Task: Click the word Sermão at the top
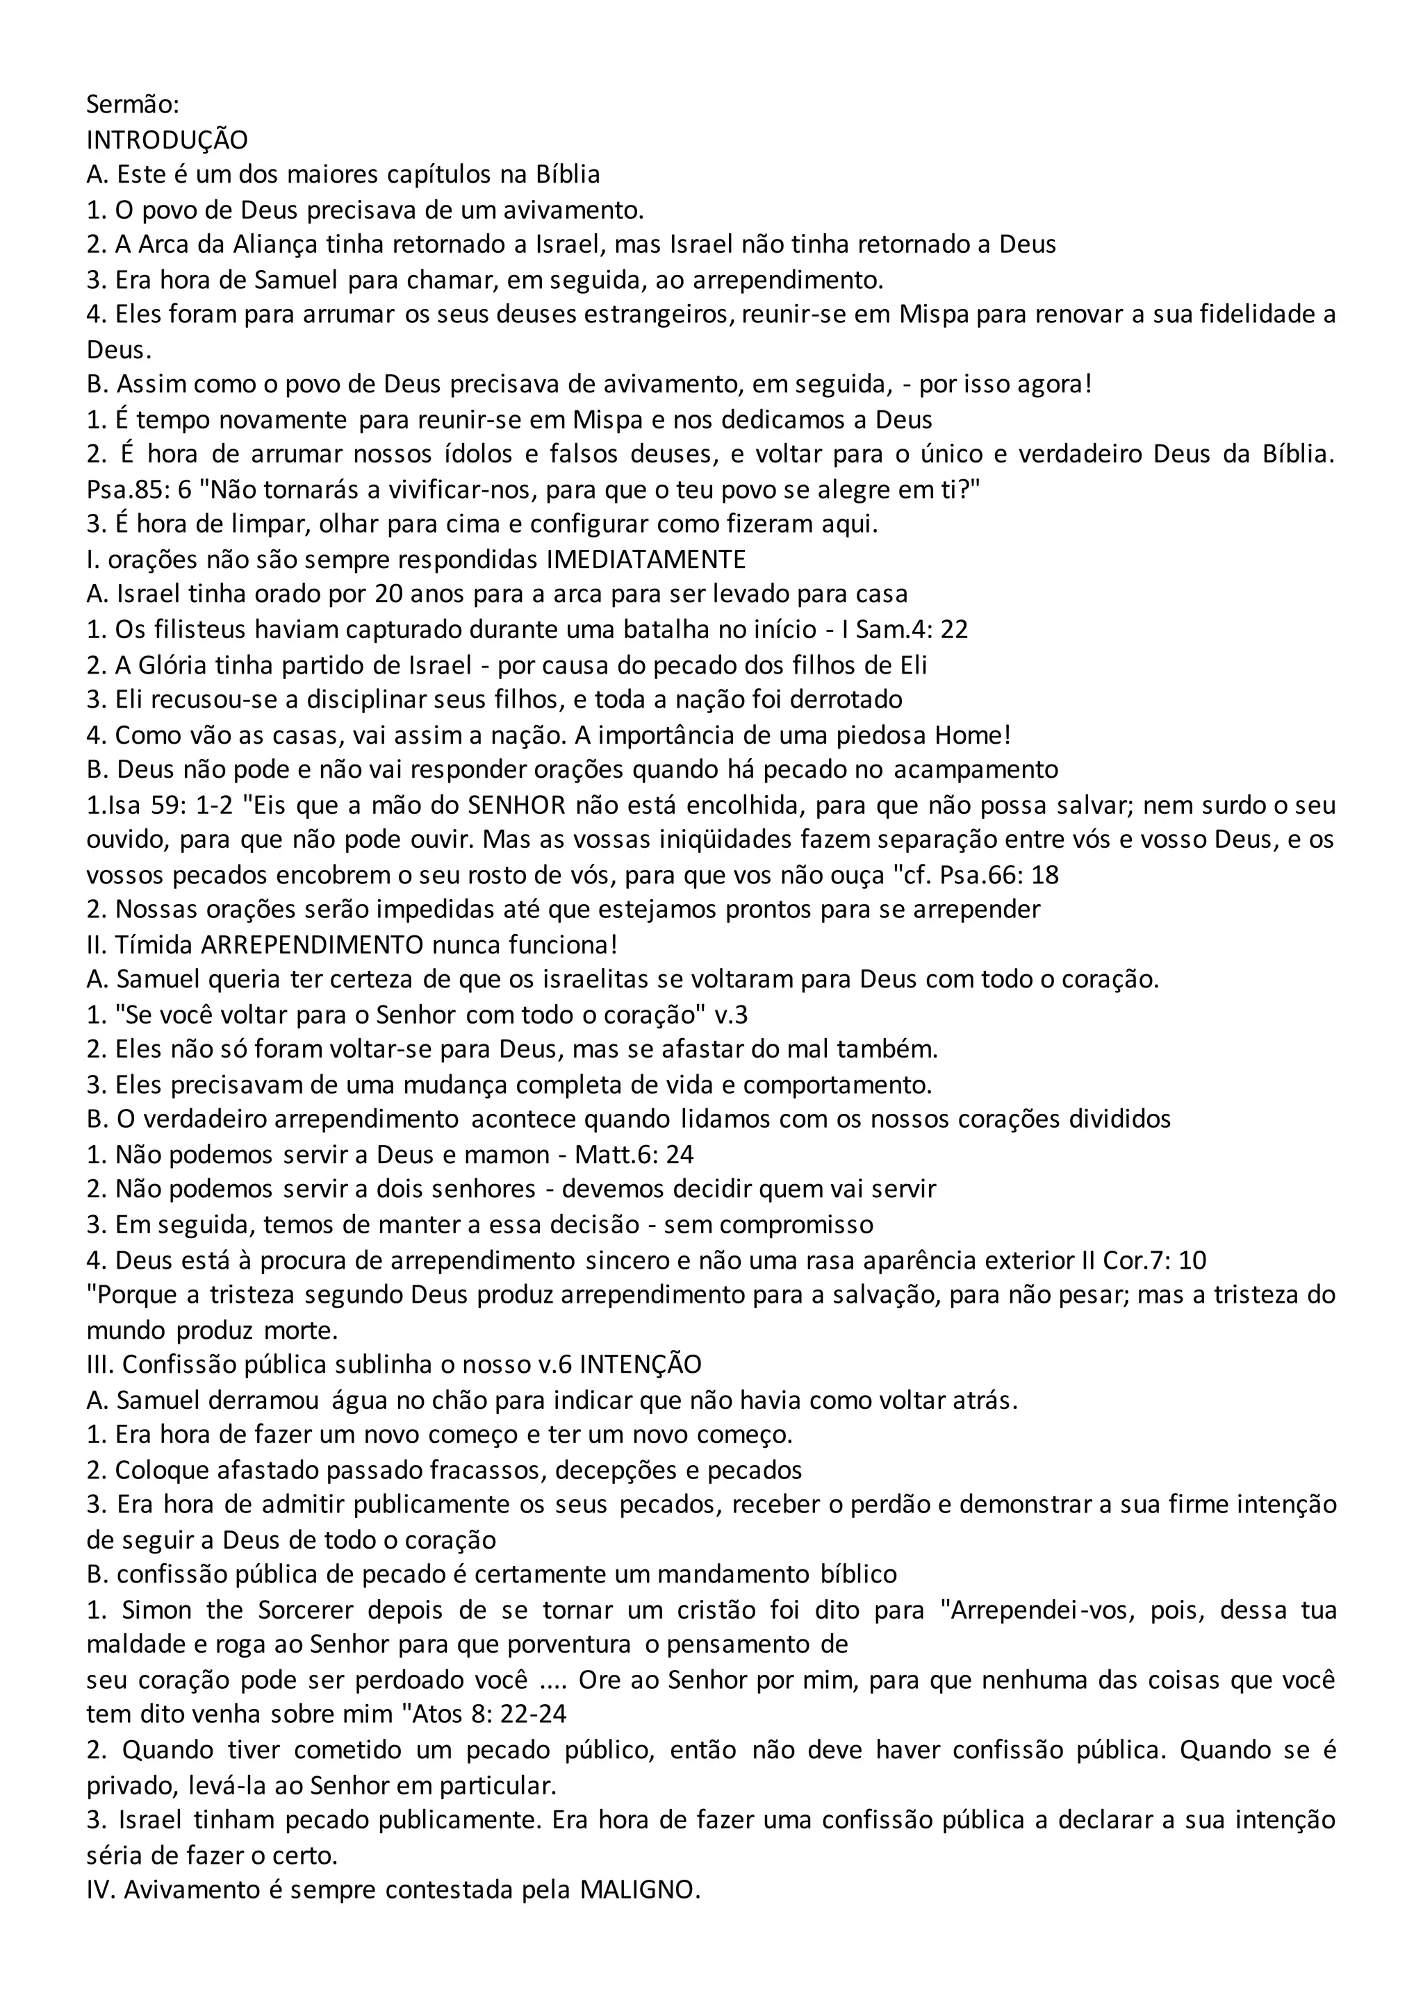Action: coord(132,104)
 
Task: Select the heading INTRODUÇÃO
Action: coord(167,140)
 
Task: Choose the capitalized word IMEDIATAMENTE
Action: coord(645,559)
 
